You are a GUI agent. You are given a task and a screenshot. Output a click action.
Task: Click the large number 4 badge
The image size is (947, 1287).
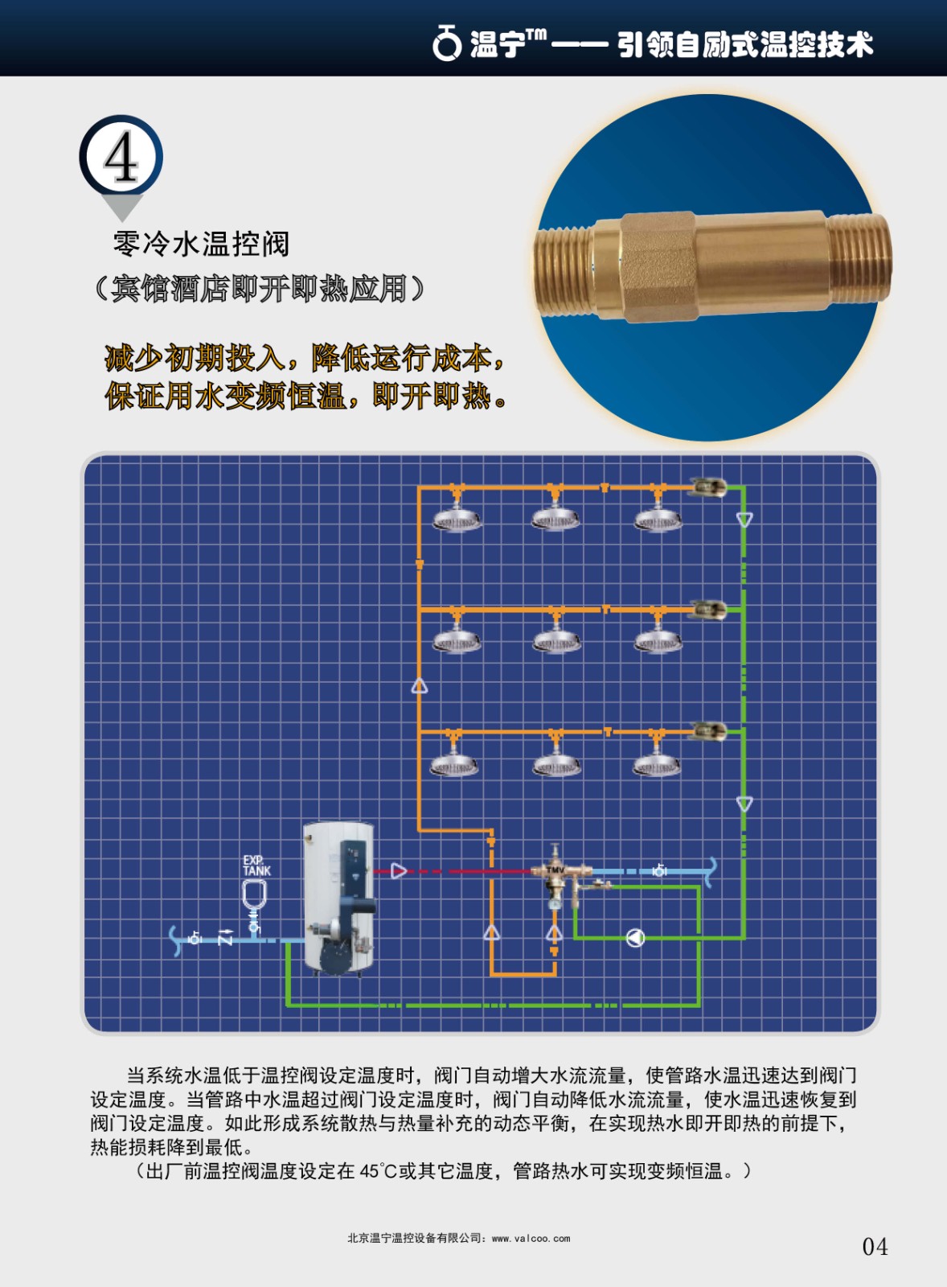point(121,158)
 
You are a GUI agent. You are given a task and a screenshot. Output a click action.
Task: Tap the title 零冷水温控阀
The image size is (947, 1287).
point(201,243)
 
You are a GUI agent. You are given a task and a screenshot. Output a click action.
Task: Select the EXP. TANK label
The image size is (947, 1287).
point(256,866)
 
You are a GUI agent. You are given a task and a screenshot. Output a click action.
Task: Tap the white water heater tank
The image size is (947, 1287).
point(338,897)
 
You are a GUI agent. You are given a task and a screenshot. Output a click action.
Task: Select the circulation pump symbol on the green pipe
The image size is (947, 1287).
point(635,938)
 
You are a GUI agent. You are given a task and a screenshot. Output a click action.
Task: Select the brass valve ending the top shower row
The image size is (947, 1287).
point(707,487)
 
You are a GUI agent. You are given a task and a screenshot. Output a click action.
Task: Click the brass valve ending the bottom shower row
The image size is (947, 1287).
point(708,731)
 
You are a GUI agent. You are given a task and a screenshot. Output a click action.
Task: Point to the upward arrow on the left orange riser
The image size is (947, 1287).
point(420,686)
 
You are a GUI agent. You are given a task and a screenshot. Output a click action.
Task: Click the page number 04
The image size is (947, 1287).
point(875,1247)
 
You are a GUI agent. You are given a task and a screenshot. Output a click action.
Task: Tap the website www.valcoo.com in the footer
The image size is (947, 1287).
point(531,1239)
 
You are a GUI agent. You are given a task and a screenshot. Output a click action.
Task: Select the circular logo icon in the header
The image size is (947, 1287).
point(446,43)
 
